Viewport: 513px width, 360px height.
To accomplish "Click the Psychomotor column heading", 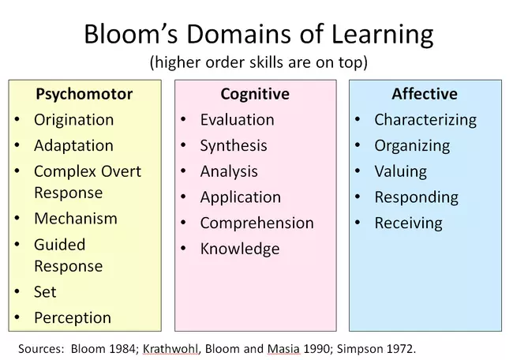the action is click(84, 94).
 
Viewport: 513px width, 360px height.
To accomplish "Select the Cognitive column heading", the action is click(255, 94).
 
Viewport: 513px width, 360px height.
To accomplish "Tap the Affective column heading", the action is click(425, 94).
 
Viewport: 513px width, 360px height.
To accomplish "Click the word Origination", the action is click(74, 120).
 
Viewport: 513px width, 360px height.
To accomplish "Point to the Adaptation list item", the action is click(73, 146).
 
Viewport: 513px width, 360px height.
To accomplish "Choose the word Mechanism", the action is click(76, 219).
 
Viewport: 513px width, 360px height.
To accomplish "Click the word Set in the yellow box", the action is click(45, 291).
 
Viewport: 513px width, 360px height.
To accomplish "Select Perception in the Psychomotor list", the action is click(73, 318).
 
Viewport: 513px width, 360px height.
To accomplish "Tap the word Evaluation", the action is click(238, 120).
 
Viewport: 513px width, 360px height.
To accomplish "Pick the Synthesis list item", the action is click(234, 146).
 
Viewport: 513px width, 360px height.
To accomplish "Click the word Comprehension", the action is click(256, 223).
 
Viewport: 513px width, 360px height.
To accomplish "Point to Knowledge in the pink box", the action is click(240, 249).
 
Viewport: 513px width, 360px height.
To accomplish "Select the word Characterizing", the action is click(425, 120).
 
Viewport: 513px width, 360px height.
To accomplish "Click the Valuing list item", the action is click(401, 172).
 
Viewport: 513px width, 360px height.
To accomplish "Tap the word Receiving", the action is click(408, 223).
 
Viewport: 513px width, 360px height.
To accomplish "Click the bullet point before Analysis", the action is click(183, 171).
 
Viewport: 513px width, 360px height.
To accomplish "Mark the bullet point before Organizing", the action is click(358, 145).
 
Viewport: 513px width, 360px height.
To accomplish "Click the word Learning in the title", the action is click(383, 35).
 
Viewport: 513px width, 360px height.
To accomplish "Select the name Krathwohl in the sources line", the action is click(170, 349).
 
